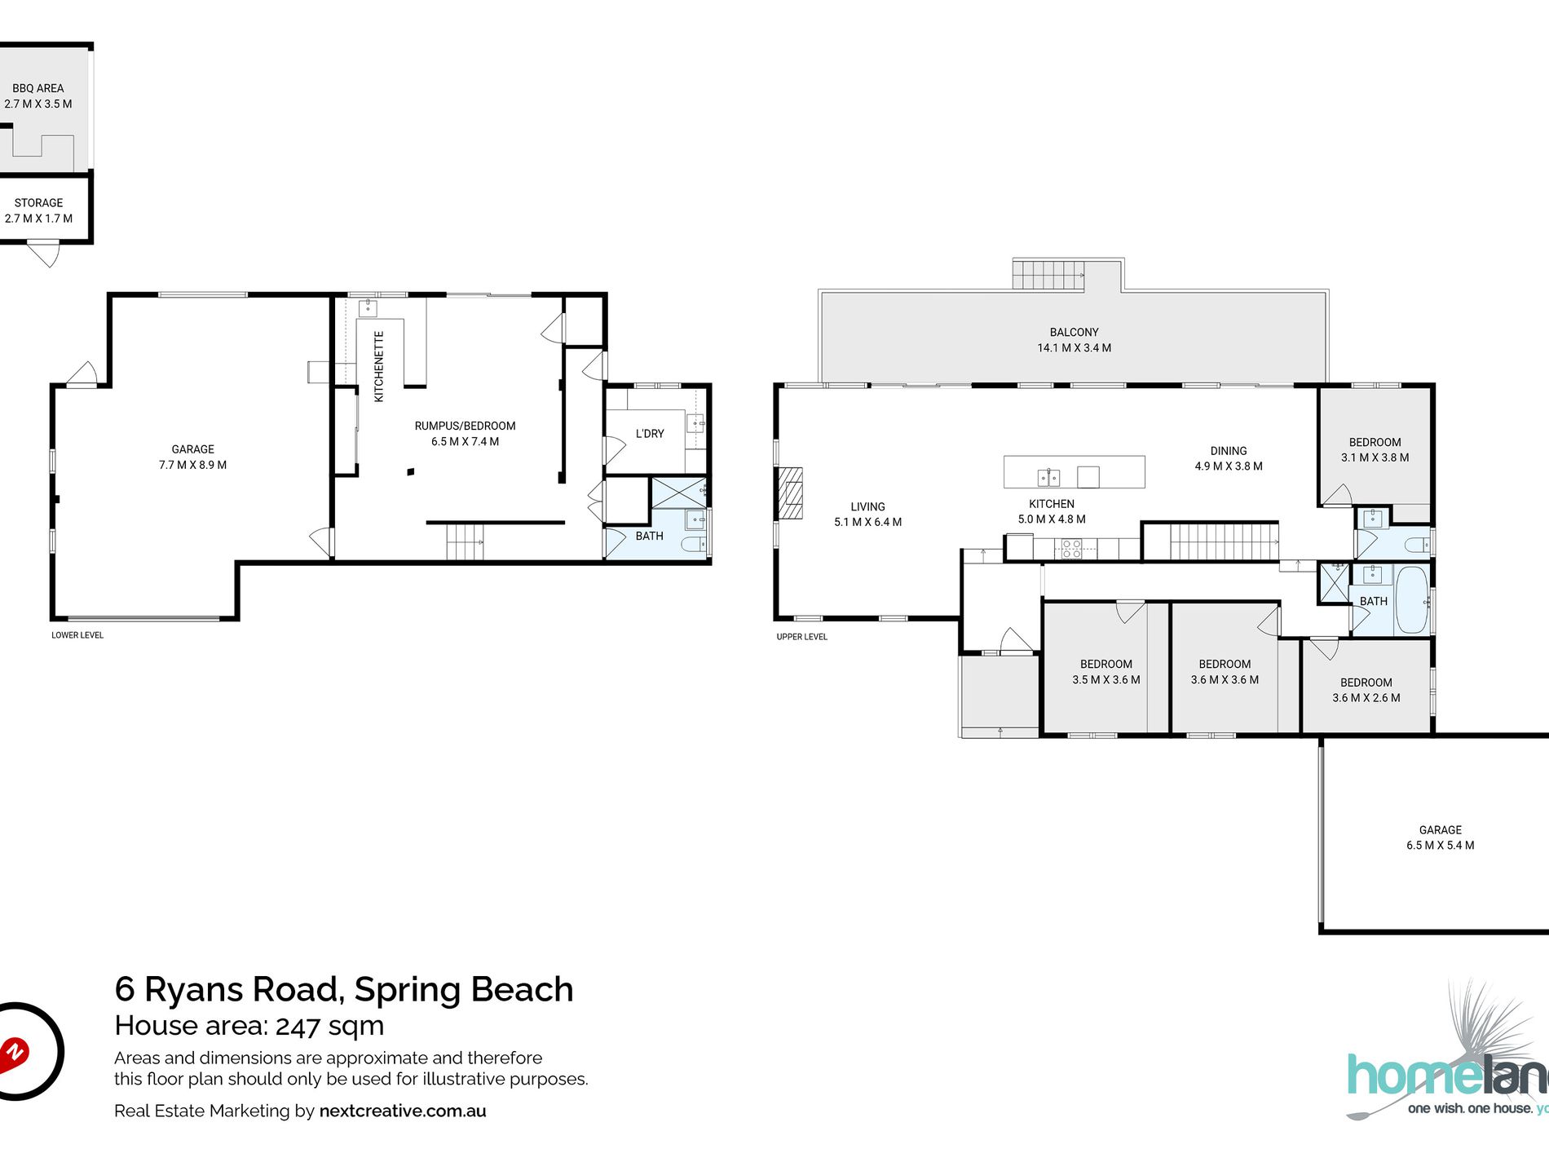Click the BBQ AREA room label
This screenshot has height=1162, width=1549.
point(38,88)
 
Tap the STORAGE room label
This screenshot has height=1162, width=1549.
point(38,203)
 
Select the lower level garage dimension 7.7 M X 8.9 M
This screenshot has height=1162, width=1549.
point(192,465)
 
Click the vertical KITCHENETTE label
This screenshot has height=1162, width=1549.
point(379,366)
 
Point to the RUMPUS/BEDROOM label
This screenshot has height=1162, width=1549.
point(465,426)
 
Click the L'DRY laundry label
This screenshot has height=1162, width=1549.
point(650,434)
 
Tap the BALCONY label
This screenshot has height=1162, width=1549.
point(1074,332)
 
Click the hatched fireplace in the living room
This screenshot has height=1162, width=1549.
point(789,493)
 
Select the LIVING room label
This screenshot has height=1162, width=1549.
point(867,506)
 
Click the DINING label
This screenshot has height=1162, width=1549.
point(1229,451)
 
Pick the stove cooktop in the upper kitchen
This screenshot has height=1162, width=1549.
point(1071,549)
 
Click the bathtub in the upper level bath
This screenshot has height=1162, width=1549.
point(1412,600)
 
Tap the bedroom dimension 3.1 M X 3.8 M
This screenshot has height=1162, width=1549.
point(1375,457)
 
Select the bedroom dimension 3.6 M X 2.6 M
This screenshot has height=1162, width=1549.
point(1366,698)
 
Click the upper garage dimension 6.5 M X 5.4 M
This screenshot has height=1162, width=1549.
point(1440,846)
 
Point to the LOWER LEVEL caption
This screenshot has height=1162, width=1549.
point(77,635)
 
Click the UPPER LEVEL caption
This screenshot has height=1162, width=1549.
point(801,637)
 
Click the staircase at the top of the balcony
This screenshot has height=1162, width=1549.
point(1048,275)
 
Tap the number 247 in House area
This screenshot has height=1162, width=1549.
point(298,1026)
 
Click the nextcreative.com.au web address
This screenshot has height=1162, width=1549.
point(403,1111)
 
